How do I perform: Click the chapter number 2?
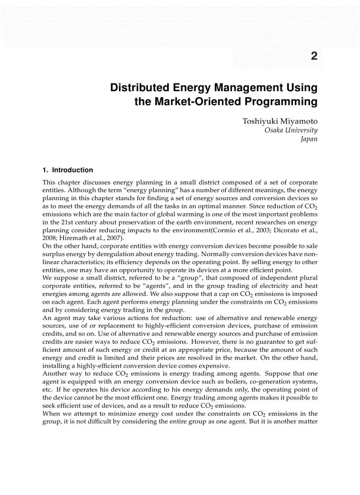point(314,56)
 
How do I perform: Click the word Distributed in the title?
point(139,88)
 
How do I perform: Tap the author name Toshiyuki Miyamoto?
point(280,121)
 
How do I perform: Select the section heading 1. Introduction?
point(67,170)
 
